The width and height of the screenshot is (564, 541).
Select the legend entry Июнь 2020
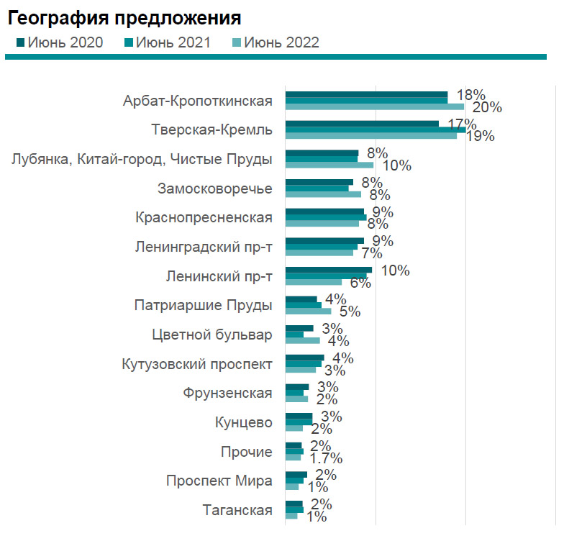click(65, 42)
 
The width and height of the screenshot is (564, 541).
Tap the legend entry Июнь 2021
click(173, 42)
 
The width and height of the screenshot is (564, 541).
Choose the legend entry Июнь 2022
click(281, 42)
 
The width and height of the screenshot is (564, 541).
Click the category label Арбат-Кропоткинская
click(198, 101)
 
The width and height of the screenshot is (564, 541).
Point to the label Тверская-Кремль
click(212, 130)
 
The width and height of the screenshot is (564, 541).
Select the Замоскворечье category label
click(215, 189)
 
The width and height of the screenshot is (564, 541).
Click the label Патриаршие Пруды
click(204, 305)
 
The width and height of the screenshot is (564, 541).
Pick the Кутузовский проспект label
click(198, 364)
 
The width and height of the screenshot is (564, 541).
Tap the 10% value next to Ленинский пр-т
click(395, 270)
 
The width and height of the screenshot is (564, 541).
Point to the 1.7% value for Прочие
click(326, 458)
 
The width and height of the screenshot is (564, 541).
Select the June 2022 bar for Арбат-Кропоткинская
click(374, 107)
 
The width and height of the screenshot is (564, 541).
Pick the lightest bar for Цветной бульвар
click(302, 340)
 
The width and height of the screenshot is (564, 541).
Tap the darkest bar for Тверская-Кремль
click(362, 124)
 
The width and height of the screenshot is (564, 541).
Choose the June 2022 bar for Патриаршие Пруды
click(308, 312)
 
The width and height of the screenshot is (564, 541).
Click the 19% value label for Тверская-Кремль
click(479, 137)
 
